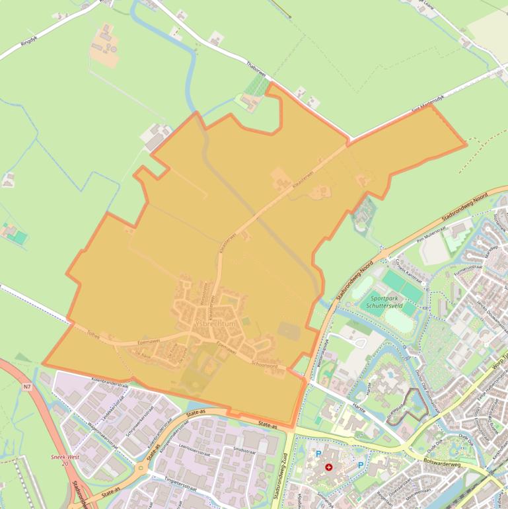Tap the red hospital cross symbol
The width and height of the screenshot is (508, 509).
tap(329, 467)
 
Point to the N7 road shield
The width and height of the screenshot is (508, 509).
tap(26, 385)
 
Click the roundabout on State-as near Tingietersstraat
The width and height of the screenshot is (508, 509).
tap(141, 468)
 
